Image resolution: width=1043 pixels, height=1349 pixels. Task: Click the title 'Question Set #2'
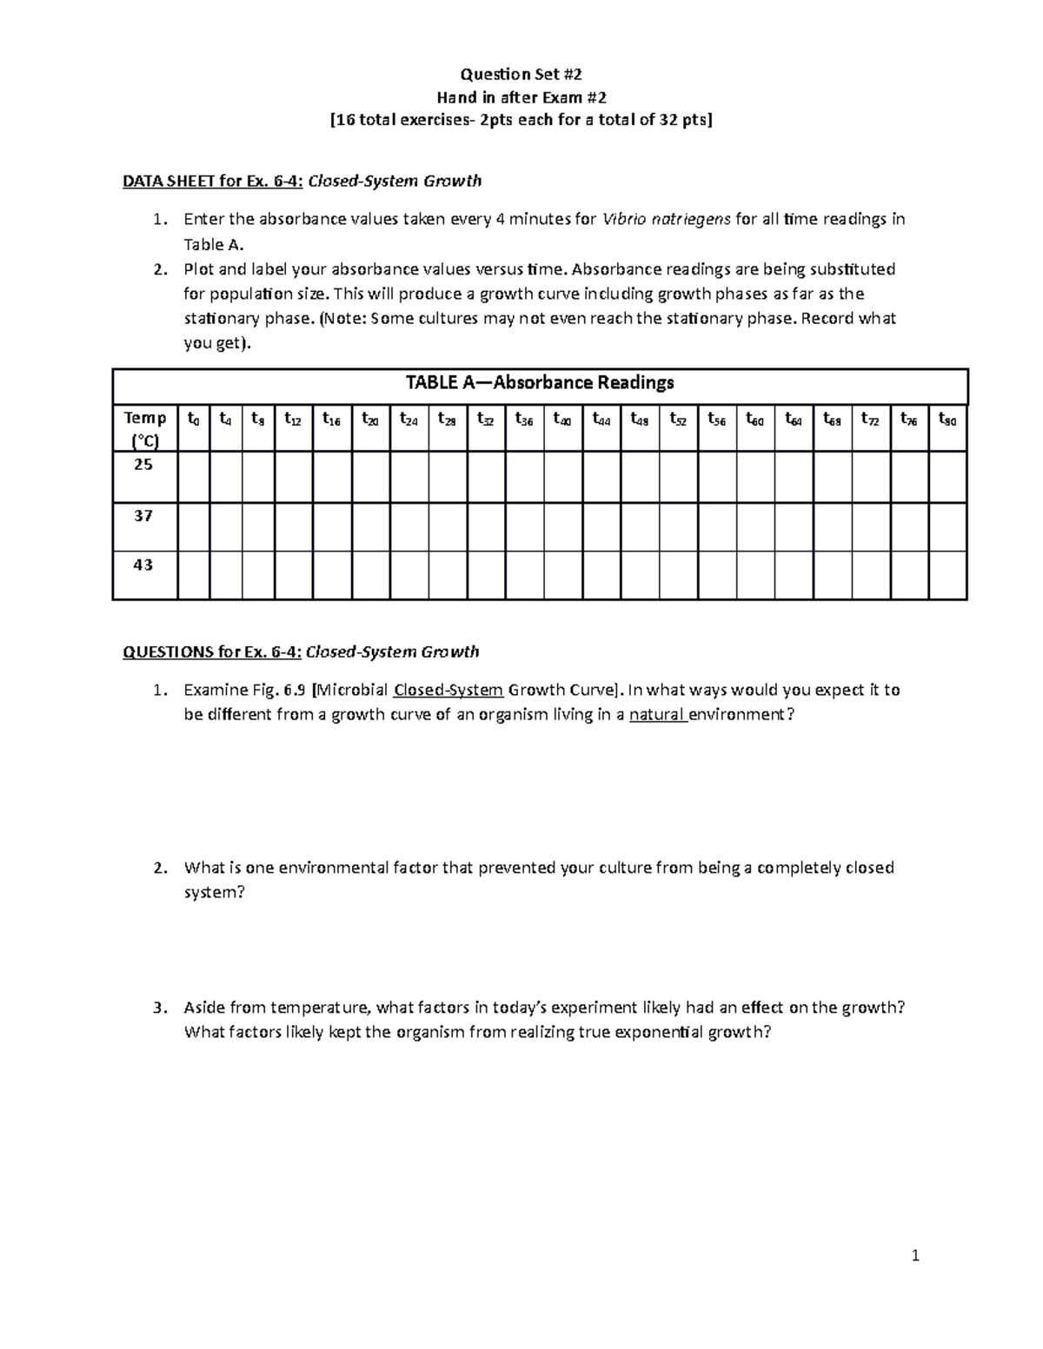pyautogui.click(x=521, y=74)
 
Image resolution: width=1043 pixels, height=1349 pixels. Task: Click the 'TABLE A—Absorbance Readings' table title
pyautogui.click(x=540, y=383)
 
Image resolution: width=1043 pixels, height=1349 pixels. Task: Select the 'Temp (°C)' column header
pyautogui.click(x=144, y=429)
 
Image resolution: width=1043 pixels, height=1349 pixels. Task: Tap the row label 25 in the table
pyautogui.click(x=143, y=465)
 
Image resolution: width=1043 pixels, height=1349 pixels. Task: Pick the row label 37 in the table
pyautogui.click(x=143, y=516)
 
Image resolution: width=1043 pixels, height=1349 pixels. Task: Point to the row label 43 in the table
pyautogui.click(x=143, y=565)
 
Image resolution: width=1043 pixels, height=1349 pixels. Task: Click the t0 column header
pyautogui.click(x=193, y=419)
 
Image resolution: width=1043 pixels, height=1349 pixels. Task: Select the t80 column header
pyautogui.click(x=947, y=419)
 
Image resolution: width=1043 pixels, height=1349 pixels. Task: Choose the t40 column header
pyautogui.click(x=562, y=419)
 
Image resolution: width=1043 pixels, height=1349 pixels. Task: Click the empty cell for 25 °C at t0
pyautogui.click(x=193, y=477)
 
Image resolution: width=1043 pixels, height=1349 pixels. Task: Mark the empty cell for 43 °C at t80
pyautogui.click(x=947, y=575)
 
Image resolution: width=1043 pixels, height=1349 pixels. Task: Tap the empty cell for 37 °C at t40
pyautogui.click(x=562, y=526)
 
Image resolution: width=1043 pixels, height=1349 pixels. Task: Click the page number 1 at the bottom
pyautogui.click(x=915, y=1254)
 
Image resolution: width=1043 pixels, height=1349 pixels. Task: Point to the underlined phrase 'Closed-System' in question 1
pyautogui.click(x=448, y=691)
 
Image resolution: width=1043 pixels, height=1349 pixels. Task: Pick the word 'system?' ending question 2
pyautogui.click(x=215, y=892)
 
